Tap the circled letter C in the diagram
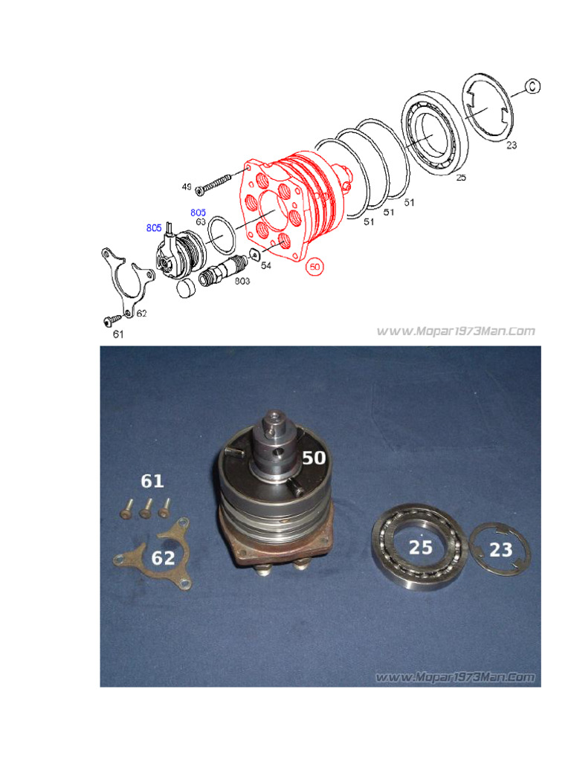[x=532, y=86]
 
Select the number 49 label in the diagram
[x=187, y=186]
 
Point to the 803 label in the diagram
[x=242, y=281]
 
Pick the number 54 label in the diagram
[x=265, y=265]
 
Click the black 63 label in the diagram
[x=200, y=221]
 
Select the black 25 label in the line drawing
[x=461, y=178]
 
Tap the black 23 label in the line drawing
[x=511, y=146]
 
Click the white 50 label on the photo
[x=313, y=458]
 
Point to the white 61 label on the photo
[x=152, y=482]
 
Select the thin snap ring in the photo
[x=501, y=551]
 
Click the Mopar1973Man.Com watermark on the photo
[x=455, y=677]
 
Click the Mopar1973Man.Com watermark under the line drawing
[x=455, y=331]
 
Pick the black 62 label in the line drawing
[x=141, y=313]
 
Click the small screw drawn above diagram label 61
[x=112, y=320]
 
